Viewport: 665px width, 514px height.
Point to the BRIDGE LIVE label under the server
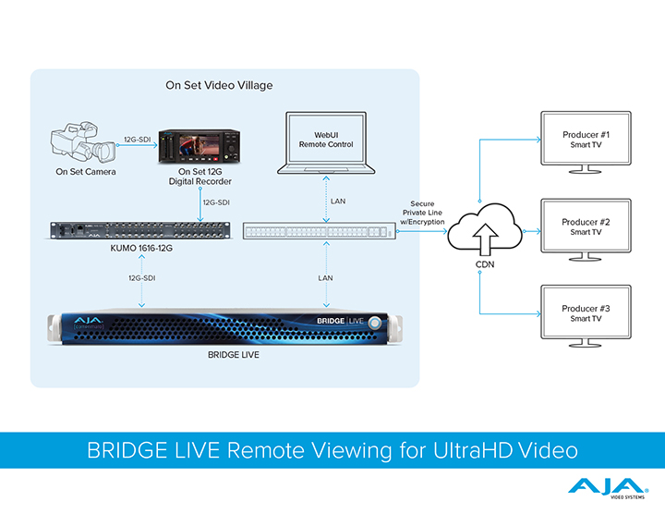(x=220, y=354)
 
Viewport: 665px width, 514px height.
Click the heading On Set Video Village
(x=219, y=86)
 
